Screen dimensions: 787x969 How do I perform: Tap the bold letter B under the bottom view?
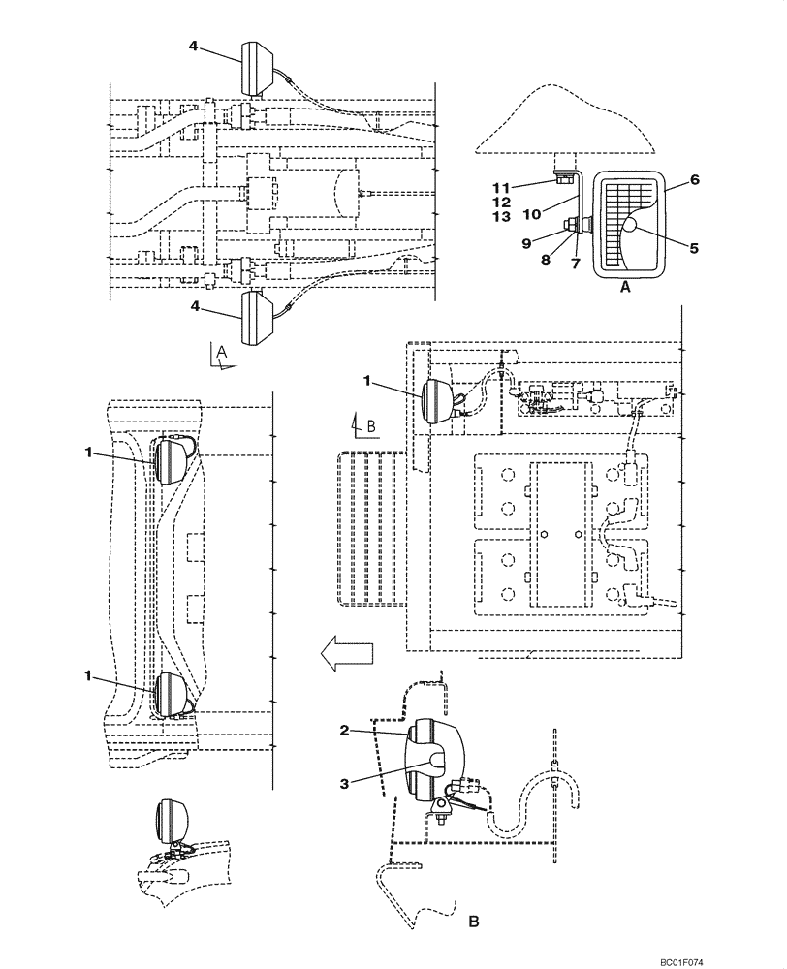[x=474, y=922]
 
